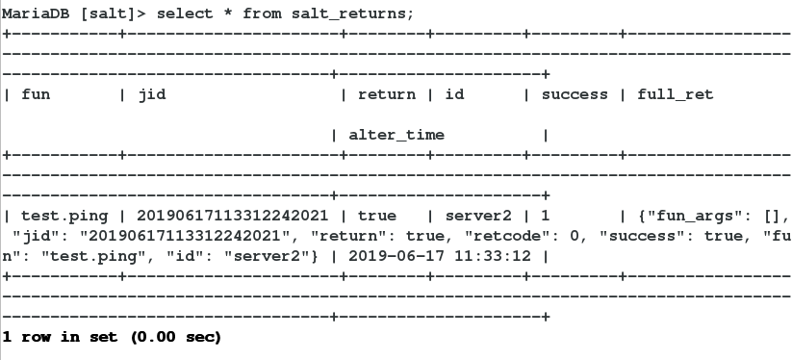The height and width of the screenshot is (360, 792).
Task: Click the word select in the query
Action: tap(159, 13)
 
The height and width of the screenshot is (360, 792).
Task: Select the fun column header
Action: tap(36, 94)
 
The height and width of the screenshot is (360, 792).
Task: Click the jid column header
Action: tap(153, 94)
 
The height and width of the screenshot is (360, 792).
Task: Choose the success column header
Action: tap(575, 94)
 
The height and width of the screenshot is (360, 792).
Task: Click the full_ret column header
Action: tap(676, 94)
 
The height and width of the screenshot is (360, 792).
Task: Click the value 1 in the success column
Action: tap(546, 216)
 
